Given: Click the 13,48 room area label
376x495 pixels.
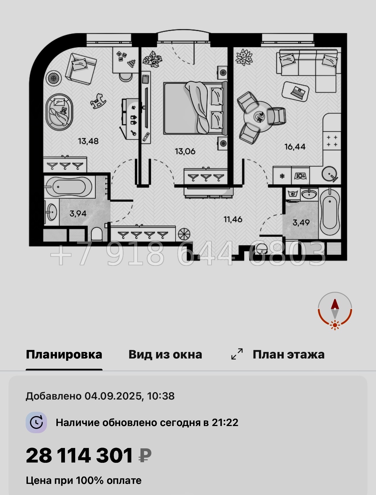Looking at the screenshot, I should pyautogui.click(x=88, y=141).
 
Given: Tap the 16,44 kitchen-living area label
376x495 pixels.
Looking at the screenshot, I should pyautogui.click(x=295, y=147).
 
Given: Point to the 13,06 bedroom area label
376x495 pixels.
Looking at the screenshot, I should pyautogui.click(x=185, y=151).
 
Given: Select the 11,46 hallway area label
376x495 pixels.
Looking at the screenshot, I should pyautogui.click(x=233, y=219).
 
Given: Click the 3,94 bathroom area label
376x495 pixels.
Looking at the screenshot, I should pyautogui.click(x=78, y=213).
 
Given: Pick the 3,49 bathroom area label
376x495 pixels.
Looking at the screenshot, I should pyautogui.click(x=301, y=222).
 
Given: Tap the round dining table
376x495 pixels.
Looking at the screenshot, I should pyautogui.click(x=259, y=116).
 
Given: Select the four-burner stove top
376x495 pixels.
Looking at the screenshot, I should pyautogui.click(x=332, y=141).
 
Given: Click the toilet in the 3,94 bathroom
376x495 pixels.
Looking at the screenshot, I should pyautogui.click(x=97, y=234).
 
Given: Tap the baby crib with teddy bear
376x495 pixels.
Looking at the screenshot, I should pyautogui.click(x=60, y=112).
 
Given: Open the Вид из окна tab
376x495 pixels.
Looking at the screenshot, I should pyautogui.click(x=165, y=355).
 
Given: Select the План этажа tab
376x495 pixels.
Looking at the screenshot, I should pyautogui.click(x=288, y=355).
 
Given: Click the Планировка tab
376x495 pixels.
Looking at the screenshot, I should pyautogui.click(x=64, y=355).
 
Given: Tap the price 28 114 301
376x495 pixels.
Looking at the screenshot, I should pyautogui.click(x=79, y=455).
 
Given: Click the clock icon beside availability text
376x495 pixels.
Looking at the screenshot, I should pyautogui.click(x=36, y=422).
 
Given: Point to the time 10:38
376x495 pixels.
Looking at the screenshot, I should pyautogui.click(x=161, y=396).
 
